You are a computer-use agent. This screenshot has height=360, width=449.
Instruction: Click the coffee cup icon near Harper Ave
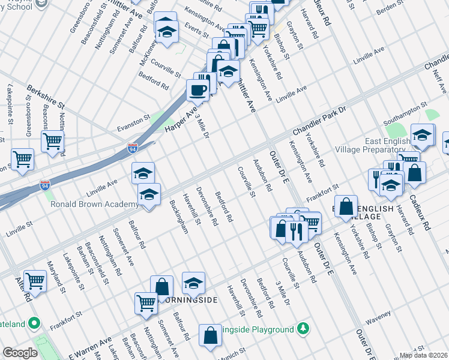(197, 90)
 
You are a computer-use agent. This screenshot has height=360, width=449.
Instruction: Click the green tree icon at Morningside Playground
(304, 329)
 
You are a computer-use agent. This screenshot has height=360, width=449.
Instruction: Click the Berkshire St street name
(44, 95)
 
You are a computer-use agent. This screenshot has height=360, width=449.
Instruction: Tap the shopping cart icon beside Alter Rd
(35, 281)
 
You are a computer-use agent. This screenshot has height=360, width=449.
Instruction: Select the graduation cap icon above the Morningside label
(193, 283)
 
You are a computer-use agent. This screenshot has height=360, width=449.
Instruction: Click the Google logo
(20, 353)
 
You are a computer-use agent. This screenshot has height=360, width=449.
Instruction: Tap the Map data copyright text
(424, 355)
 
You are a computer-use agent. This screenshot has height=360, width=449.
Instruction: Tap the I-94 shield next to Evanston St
(133, 147)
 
